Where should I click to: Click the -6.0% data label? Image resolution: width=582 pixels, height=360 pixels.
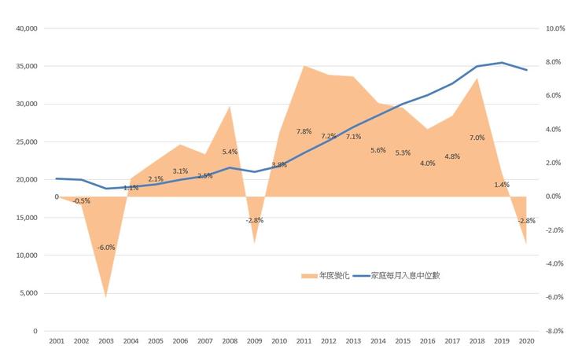[x=106, y=248]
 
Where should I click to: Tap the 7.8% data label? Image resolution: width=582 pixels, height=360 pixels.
[x=305, y=131]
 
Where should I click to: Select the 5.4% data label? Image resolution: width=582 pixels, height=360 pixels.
[x=230, y=152]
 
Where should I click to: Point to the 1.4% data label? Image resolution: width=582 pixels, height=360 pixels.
[x=501, y=185]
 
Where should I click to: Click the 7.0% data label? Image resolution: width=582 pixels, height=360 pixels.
[x=477, y=138]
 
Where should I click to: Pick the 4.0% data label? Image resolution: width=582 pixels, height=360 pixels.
[x=428, y=163]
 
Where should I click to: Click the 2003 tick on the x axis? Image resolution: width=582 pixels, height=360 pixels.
[x=105, y=342]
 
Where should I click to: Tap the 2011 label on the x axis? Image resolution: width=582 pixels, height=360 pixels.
[x=304, y=342]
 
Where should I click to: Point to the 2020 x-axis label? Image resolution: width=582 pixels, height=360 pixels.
[x=526, y=342]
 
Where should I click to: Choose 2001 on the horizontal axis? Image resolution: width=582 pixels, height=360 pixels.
[x=57, y=342]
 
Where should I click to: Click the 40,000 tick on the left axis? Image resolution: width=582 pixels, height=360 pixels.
[x=27, y=28]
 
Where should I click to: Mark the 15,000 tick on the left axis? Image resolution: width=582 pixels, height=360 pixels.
[x=27, y=218]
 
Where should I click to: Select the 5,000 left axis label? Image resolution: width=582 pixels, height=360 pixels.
[x=29, y=293]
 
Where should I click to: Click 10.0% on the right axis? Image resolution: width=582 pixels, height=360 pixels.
[x=555, y=28]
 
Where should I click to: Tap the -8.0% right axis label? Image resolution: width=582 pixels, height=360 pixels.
[x=555, y=331]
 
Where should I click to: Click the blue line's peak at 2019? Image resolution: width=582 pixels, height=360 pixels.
[x=502, y=63]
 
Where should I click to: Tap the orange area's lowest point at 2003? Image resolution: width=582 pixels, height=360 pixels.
[x=106, y=297]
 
